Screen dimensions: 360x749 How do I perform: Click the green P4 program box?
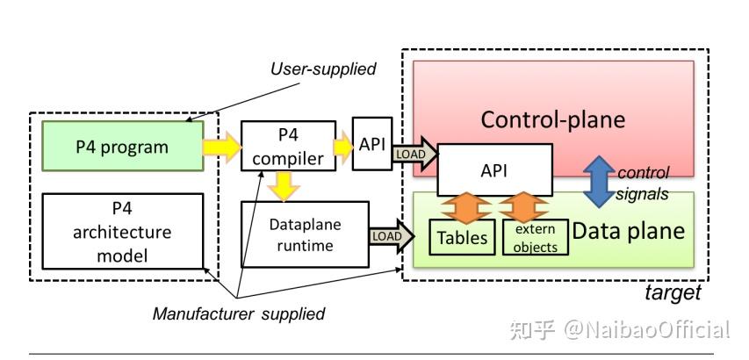[122, 147]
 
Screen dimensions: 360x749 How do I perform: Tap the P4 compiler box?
[288, 147]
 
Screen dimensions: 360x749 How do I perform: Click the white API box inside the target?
[495, 169]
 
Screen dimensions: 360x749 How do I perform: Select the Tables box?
[463, 238]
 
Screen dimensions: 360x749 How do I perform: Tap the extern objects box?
[536, 238]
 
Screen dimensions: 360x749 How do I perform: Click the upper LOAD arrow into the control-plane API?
[414, 152]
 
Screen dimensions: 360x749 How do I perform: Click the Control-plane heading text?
[552, 119]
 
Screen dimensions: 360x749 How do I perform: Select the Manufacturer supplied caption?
[239, 313]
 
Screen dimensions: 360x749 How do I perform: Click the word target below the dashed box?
[673, 292]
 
